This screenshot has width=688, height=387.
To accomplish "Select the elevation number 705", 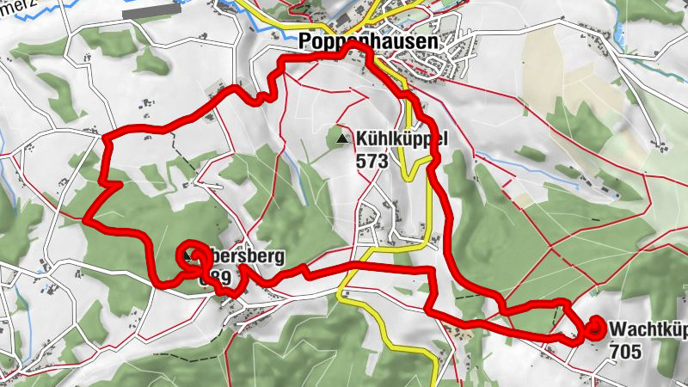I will pos(625,351).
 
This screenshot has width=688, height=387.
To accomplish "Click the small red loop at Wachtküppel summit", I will pos(595,328).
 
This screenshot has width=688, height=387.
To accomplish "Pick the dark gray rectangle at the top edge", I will pos(151,13).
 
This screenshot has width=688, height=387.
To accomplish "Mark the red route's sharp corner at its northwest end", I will pos(104,136).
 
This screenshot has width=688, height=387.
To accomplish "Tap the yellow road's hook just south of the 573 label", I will pos(411,172).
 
